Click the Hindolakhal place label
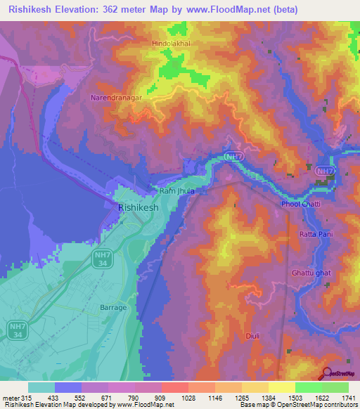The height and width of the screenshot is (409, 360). (x=172, y=44)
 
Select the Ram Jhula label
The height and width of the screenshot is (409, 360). (x=176, y=190)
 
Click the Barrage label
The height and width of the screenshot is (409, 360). (x=113, y=308)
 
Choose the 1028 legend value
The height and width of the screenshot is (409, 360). (x=188, y=398)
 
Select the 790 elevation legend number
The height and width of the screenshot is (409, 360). (x=134, y=398)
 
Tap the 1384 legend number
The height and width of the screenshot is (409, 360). (x=268, y=398)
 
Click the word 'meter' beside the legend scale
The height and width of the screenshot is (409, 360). (x=10, y=398)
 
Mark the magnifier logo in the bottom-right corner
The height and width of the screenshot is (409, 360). (x=327, y=375)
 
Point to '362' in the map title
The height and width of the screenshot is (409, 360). (x=122, y=10)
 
